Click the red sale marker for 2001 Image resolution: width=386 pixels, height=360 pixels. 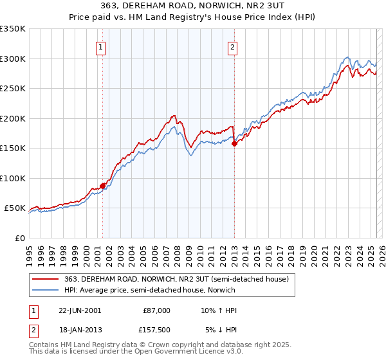[x=102, y=186]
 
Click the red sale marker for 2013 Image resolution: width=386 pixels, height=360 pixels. [x=234, y=144]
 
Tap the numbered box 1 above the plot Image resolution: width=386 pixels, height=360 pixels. [x=102, y=46]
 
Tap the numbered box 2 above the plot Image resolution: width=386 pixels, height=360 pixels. [x=232, y=46]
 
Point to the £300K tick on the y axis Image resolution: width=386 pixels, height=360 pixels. [x=13, y=59]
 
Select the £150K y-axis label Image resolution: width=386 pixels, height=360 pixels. [x=13, y=148]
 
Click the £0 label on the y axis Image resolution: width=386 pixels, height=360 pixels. [x=19, y=239]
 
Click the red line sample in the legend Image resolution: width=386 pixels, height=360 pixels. [x=46, y=280]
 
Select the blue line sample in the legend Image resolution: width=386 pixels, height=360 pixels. [x=46, y=290]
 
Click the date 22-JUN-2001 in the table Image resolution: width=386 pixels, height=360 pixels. [x=80, y=310]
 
